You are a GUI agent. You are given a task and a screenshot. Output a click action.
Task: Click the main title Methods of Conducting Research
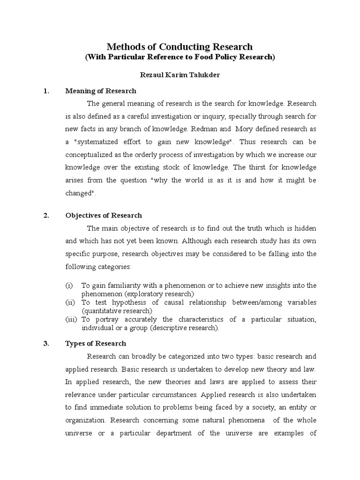[x=180, y=46]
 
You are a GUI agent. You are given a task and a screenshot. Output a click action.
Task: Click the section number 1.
[x=46, y=91]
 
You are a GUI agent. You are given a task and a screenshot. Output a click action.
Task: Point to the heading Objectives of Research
[x=103, y=216]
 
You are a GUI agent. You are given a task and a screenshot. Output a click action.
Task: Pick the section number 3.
[x=46, y=343]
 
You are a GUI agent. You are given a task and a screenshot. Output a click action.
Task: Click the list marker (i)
[x=69, y=285]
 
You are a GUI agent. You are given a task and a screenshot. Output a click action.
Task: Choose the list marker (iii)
[x=71, y=319]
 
